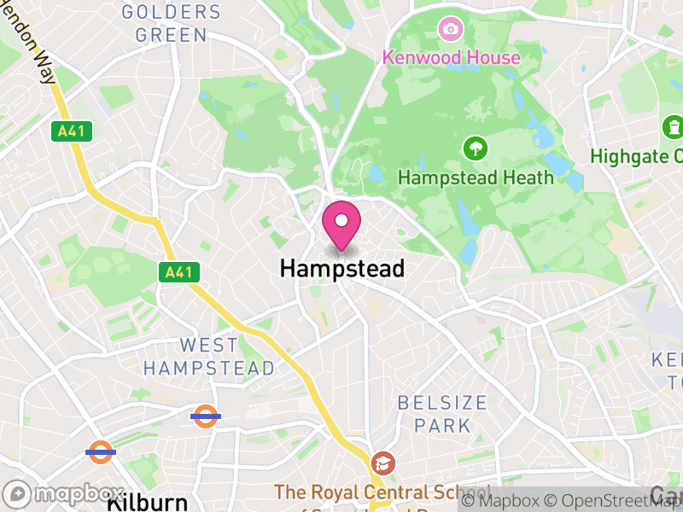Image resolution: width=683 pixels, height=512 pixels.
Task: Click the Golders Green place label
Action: (x=171, y=24)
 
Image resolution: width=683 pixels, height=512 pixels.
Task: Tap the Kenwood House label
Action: (x=451, y=58)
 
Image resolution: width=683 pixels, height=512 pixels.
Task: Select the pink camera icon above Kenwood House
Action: (x=449, y=30)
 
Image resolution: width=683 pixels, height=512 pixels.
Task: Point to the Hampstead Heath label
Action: (x=476, y=178)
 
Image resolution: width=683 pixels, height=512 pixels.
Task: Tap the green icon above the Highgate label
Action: (x=674, y=128)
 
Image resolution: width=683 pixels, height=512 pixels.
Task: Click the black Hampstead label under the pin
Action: (x=341, y=269)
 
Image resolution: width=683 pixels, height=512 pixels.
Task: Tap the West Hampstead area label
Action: (x=209, y=357)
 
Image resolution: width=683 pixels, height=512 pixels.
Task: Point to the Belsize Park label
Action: (x=441, y=413)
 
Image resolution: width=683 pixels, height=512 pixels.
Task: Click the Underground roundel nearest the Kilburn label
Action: (x=101, y=451)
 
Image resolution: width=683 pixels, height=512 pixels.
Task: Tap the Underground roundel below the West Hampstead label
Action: (x=205, y=416)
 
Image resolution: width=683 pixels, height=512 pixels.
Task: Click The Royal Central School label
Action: (x=382, y=493)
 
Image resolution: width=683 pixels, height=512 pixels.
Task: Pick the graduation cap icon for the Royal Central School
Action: (x=382, y=464)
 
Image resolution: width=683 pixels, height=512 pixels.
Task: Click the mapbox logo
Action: (x=63, y=494)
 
